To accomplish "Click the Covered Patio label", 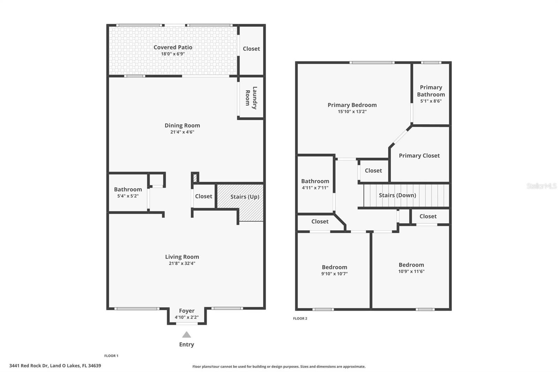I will point(173,47).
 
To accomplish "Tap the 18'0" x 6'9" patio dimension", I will point(173,54).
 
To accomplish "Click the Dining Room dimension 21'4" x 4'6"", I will point(182,132).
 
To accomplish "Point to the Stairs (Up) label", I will point(244,197).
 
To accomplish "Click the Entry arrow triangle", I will point(187,335).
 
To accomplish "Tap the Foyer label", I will point(187,311).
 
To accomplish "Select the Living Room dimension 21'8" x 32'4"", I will point(182,263).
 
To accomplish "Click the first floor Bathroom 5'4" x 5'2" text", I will point(128,196).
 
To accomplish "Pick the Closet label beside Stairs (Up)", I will point(203,196).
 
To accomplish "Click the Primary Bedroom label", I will point(352,105).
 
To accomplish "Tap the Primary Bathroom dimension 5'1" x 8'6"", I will point(431,101).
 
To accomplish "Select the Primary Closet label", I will point(419,156).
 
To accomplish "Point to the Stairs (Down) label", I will point(397,195).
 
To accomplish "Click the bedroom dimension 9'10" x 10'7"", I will point(334,274).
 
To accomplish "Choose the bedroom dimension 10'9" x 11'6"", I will point(411,271).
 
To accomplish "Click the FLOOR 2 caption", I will point(300,319).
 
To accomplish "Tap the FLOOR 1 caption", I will point(111,356).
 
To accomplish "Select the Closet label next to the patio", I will point(251,49).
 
